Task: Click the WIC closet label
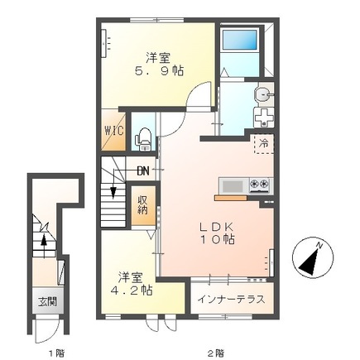click(x=114, y=131)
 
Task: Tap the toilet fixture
click(x=143, y=139)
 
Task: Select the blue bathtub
click(x=240, y=41)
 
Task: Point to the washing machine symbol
click(x=264, y=118)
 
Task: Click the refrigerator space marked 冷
click(x=264, y=143)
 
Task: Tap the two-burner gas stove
click(x=259, y=185)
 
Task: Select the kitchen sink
click(x=233, y=186)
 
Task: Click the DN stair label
click(x=143, y=171)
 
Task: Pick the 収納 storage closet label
click(x=143, y=205)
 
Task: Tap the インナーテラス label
click(x=232, y=299)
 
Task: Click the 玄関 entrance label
click(x=47, y=302)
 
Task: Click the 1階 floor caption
click(x=57, y=353)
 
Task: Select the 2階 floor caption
click(x=216, y=353)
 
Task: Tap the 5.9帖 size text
click(x=159, y=71)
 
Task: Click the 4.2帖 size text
click(x=132, y=290)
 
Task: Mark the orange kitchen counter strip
click(x=231, y=198)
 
